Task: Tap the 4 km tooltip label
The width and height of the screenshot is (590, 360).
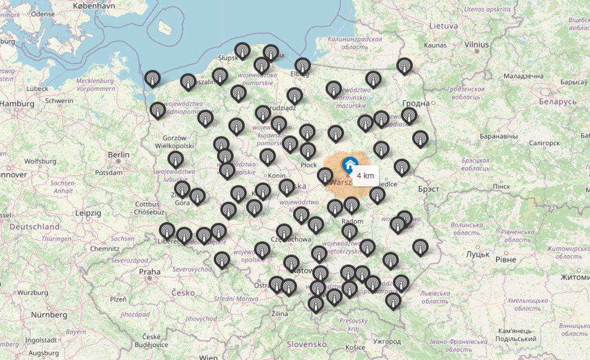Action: coord(365,175)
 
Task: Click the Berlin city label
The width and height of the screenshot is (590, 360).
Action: coord(119,155)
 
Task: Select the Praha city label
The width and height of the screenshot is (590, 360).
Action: coord(149,272)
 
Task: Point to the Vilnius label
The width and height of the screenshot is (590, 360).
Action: coord(476,45)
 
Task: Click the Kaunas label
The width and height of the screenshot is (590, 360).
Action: coord(435,46)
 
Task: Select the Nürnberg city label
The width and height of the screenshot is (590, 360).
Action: coord(49,314)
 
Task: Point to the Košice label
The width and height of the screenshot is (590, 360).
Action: coord(356,347)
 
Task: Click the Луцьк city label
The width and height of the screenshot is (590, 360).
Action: coord(478,254)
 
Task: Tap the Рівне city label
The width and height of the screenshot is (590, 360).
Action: coord(505,259)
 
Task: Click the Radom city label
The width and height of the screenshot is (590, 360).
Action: coord(352,221)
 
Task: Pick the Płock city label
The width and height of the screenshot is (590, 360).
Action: coord(308,165)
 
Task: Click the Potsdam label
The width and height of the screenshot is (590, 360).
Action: coord(109,173)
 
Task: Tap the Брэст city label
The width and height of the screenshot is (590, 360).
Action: coord(429,189)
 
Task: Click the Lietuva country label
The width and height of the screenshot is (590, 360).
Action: coord(443,25)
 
